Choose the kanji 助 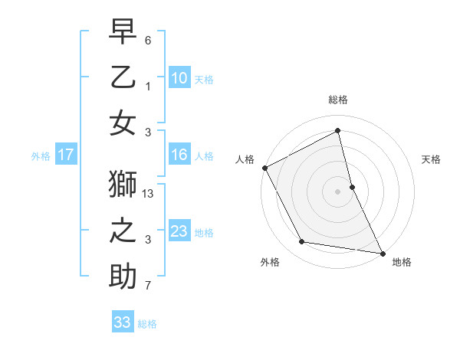pos(123,276)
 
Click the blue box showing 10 pos(179,77)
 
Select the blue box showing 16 pos(179,155)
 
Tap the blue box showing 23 pos(179,231)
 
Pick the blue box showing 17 pos(65,155)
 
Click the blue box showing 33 pos(123,322)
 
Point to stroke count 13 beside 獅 pos(149,195)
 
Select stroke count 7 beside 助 pos(148,286)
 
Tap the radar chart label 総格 pos(337,100)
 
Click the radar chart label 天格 pos(431,159)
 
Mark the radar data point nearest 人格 pos(264,168)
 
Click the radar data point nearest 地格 pos(382,252)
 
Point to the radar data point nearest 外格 pos(302,243)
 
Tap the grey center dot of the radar pos(337,191)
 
